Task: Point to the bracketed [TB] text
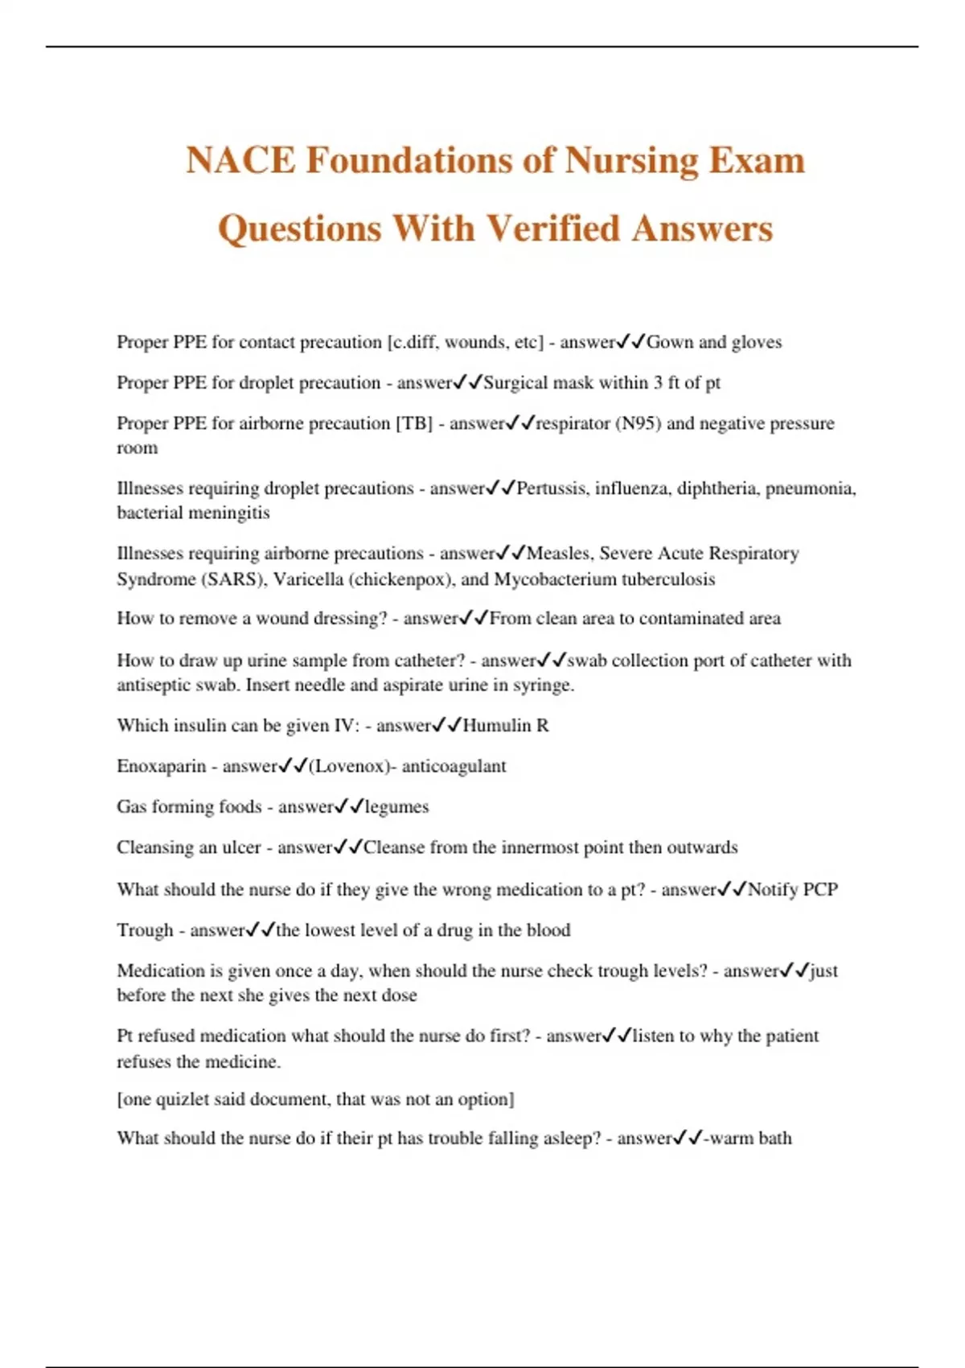click(x=414, y=423)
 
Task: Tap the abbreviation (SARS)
click(x=231, y=579)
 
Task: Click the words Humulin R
click(x=506, y=726)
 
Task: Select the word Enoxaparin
click(x=162, y=766)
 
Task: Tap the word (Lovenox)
click(x=348, y=766)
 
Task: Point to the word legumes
click(x=396, y=807)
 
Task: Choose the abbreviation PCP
click(x=820, y=890)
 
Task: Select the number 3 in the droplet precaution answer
click(x=658, y=383)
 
